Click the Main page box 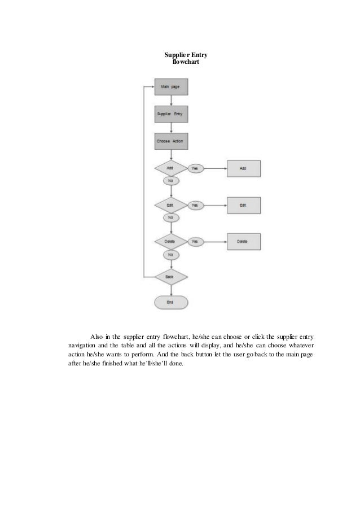[x=170, y=87]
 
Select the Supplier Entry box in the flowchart [x=170, y=114]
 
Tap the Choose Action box [x=170, y=141]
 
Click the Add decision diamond [x=170, y=168]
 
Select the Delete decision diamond [x=170, y=242]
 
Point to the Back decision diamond [x=170, y=277]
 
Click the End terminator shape [x=170, y=303]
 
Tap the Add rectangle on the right [x=244, y=168]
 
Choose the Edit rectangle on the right [x=244, y=205]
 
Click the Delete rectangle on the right [x=244, y=242]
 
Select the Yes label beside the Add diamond [x=195, y=168]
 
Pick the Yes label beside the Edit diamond [x=195, y=205]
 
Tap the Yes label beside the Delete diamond [x=195, y=242]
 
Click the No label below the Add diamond [x=170, y=181]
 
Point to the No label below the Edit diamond [x=170, y=217]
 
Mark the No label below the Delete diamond [x=170, y=255]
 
